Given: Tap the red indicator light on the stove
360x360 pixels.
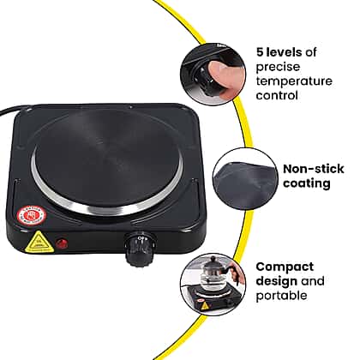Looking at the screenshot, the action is pos(62,243).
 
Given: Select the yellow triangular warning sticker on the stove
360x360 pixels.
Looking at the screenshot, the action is pos(39,242).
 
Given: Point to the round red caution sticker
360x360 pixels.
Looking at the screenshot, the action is pos(32,215).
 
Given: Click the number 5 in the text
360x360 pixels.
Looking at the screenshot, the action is pos(260,52).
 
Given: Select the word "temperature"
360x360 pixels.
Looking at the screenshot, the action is pos(294,81).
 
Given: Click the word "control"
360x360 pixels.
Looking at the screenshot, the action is pos(277,95).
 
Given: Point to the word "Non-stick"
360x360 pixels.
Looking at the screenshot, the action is pos(314,169).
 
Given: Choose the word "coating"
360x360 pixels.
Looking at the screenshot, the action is pos(307,183).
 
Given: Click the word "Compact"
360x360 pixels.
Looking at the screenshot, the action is pos(285,267).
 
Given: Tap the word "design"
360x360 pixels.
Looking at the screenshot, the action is pos(276,281).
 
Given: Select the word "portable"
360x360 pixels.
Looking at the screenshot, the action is pos(281,296).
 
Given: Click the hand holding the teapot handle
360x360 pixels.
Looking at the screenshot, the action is pos(237,275).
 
